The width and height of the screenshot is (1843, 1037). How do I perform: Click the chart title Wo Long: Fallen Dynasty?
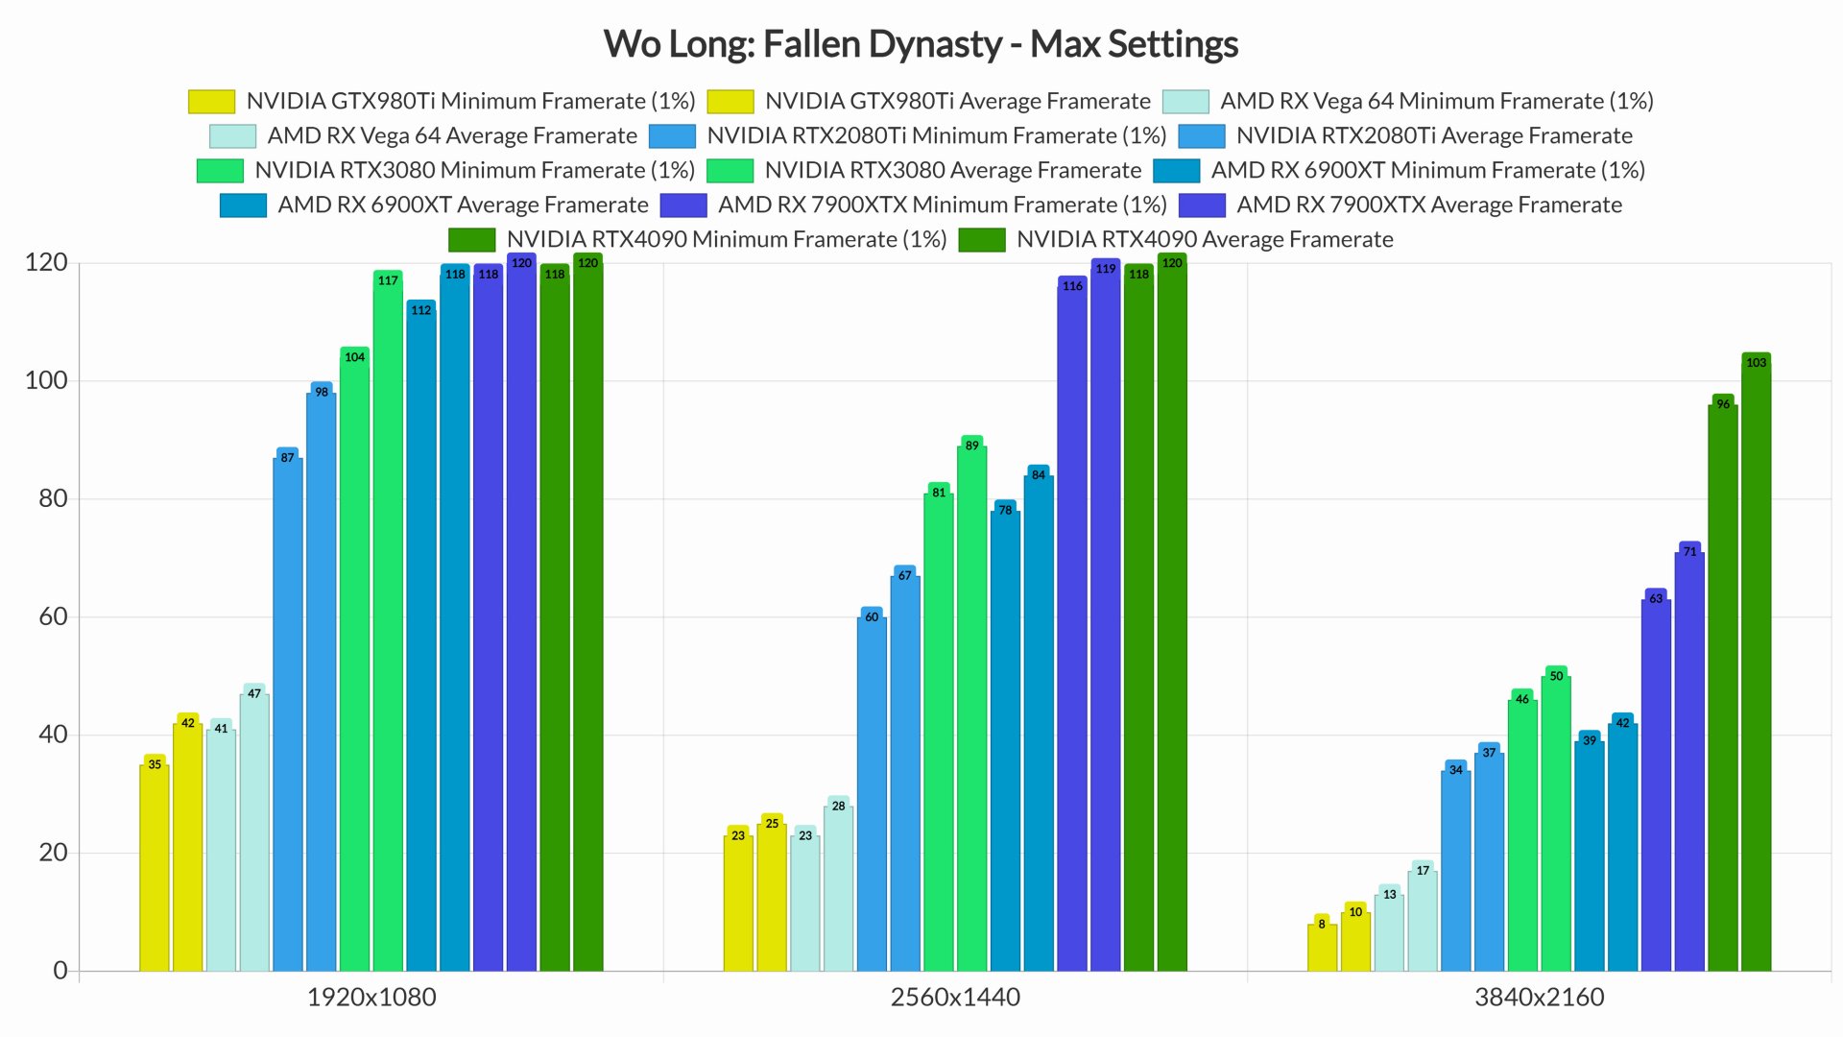tap(921, 44)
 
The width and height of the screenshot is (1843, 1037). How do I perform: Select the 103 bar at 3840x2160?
tap(1756, 663)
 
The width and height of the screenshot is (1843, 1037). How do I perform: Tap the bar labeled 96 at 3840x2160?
tap(1723, 684)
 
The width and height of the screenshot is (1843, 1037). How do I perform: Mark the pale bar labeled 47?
tap(254, 830)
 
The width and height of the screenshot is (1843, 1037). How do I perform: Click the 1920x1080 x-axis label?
tap(371, 998)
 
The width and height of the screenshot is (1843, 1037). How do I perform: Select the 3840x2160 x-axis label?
tap(1539, 998)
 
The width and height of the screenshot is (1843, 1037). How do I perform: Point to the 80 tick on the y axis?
tap(53, 498)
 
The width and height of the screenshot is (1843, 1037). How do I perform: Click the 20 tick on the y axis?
tap(53, 853)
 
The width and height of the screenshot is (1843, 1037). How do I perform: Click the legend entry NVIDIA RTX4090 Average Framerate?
tap(1204, 239)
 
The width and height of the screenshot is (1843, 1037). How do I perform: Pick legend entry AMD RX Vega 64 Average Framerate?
tap(451, 135)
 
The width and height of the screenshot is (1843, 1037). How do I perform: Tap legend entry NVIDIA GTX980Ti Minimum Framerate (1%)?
tap(469, 101)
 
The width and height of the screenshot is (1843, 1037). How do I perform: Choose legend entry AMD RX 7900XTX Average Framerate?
tap(1428, 205)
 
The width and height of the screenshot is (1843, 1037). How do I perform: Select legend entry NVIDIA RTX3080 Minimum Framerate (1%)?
tap(474, 170)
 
